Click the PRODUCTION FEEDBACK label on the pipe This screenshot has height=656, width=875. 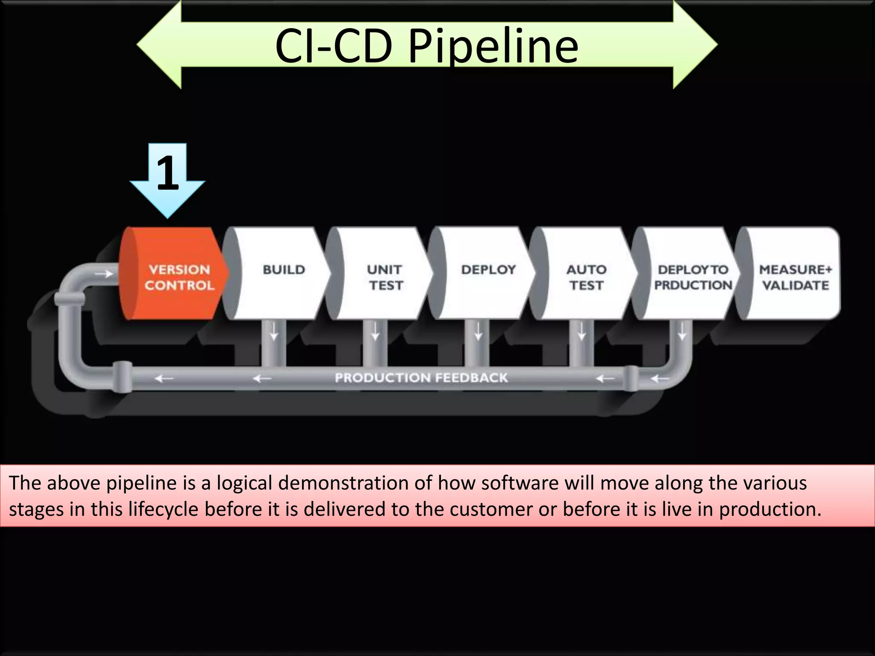[x=421, y=378]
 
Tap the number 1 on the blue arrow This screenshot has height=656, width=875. [x=167, y=173]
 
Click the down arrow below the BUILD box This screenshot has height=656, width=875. [x=274, y=331]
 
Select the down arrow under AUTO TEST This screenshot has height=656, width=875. [x=581, y=331]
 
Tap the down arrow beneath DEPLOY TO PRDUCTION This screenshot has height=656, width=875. [x=682, y=331]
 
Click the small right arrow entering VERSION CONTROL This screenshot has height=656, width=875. [x=103, y=274]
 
